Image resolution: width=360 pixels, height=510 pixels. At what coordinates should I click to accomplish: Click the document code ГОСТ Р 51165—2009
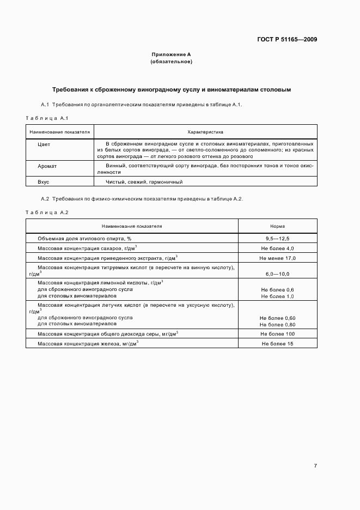pos(287,39)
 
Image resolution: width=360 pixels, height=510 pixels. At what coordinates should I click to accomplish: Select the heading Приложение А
pos(171,54)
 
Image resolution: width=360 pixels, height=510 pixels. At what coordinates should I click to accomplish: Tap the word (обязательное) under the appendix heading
pos(171,62)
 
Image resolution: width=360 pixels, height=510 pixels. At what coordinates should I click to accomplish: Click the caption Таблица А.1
pos(47,118)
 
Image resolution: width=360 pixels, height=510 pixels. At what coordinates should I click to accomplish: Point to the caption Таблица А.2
pos(47,212)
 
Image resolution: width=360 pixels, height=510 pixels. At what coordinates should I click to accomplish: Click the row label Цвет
pos(44,144)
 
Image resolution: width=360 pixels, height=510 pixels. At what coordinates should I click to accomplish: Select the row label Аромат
pos(47,167)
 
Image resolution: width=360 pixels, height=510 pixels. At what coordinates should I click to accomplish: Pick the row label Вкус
pos(44,182)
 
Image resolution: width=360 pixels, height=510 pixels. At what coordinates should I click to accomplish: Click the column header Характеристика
pos(205,132)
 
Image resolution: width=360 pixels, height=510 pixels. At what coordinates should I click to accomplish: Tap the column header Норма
pos(277,226)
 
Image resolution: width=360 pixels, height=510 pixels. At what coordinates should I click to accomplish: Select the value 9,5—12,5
pos(277,239)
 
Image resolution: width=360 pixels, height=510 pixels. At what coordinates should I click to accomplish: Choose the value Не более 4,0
pos(277,248)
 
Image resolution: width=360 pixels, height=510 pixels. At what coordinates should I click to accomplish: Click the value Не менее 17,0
pos(277,258)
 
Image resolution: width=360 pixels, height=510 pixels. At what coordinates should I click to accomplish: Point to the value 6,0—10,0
pos(277,274)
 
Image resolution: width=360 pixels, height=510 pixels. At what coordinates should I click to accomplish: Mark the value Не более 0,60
pos(277,318)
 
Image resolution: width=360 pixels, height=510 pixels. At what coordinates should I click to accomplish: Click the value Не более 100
pos(277,333)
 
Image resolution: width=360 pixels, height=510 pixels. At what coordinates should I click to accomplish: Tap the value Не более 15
pos(277,344)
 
